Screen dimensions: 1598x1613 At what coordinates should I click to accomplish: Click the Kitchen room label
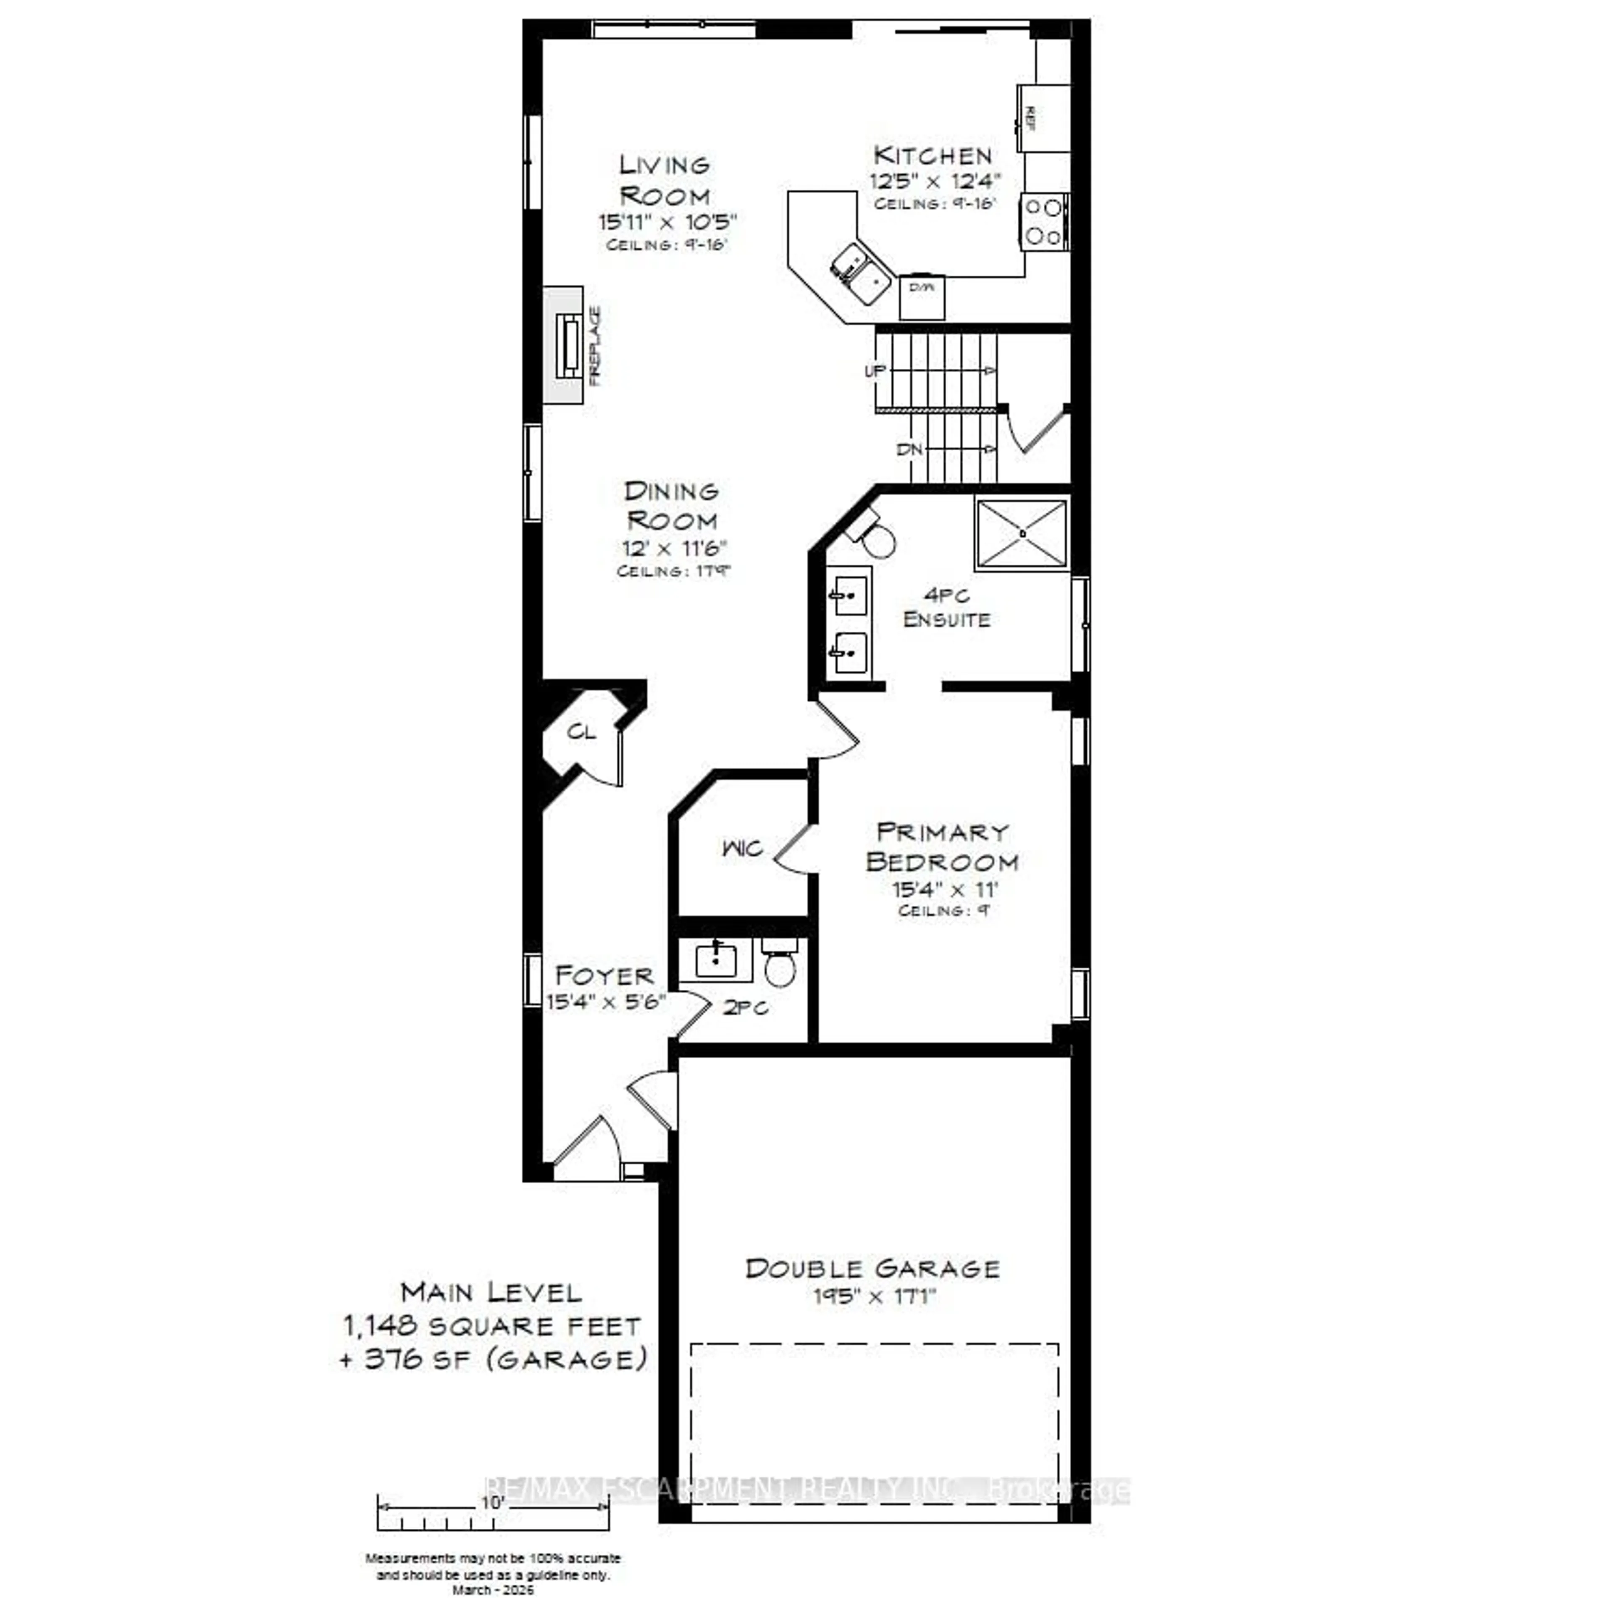pyautogui.click(x=933, y=155)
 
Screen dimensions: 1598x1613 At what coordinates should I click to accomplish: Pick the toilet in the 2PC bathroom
pyautogui.click(x=780, y=965)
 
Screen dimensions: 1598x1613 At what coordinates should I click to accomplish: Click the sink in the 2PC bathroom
pyautogui.click(x=715, y=960)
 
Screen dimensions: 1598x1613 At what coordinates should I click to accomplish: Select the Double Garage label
pyautogui.click(x=872, y=1269)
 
